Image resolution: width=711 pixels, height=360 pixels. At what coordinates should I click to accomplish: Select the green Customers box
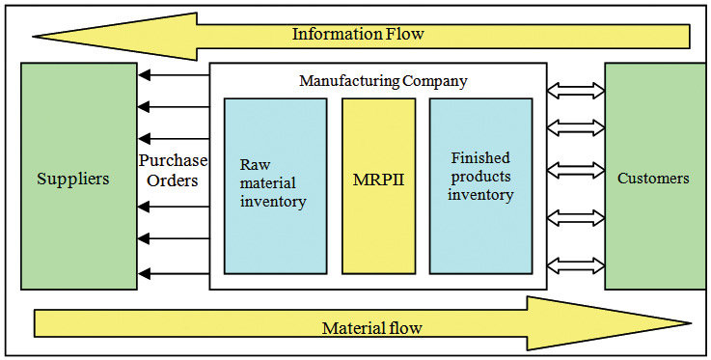pos(653,177)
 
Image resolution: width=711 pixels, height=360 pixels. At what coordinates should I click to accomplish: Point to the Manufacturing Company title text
pos(383,81)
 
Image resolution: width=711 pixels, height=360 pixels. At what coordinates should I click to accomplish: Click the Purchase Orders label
pos(173,170)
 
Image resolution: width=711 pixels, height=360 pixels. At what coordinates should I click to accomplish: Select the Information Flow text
pos(358,35)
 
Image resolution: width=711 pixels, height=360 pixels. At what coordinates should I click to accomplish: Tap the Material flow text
pos(371,327)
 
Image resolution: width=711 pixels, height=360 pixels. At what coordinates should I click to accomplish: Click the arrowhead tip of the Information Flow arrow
pos(36,36)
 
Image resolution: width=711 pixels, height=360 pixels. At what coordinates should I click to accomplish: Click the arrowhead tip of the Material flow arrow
pos(689,323)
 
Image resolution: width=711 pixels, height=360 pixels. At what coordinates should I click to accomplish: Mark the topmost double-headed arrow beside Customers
pos(576,91)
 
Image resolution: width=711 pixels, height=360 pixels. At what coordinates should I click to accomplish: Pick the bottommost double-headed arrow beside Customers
pos(576,263)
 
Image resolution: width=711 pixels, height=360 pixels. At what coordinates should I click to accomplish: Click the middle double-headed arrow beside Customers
pos(576,170)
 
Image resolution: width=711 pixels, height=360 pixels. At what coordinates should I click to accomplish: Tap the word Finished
pos(480,157)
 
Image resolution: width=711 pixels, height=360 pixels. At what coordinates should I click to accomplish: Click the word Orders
pos(173,180)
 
